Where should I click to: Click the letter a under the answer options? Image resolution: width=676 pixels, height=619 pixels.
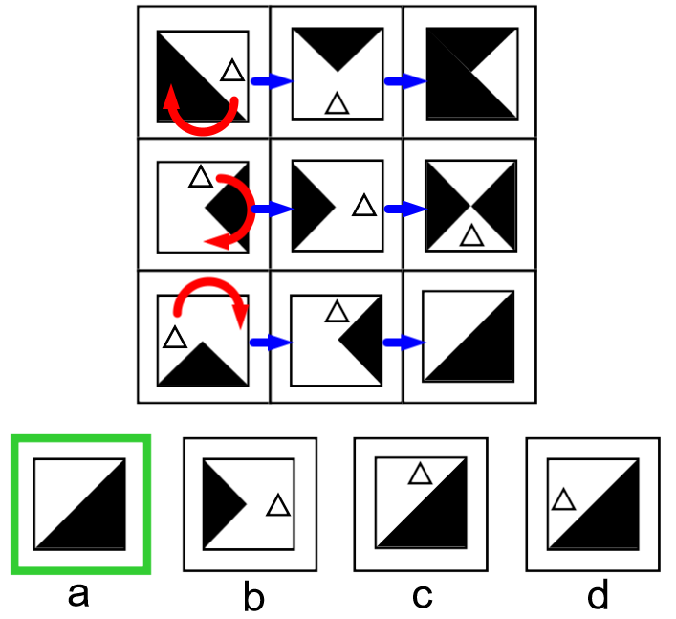78,595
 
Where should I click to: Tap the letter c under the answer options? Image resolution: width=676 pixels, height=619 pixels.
423,595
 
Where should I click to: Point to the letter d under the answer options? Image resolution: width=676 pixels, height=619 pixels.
597,595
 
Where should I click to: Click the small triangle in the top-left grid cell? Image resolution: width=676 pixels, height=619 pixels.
232,70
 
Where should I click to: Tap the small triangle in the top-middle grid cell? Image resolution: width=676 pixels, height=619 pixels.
337,103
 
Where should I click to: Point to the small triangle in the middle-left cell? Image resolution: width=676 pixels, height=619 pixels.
200,176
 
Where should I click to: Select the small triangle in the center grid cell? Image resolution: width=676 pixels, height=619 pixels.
363,206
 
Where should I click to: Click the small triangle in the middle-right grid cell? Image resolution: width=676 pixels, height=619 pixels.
470,235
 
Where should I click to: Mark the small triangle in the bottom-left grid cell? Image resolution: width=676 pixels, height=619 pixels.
174,338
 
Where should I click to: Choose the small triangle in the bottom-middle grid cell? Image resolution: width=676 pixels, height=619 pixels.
336,311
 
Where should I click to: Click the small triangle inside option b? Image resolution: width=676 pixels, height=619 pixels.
277,506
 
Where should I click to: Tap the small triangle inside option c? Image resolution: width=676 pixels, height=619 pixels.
418,473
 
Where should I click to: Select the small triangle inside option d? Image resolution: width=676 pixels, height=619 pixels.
563,498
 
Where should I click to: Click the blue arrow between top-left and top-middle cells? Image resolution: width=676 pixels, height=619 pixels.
271,83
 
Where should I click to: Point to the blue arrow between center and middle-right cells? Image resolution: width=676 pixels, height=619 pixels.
404,209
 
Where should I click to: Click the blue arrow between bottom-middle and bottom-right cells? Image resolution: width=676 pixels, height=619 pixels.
404,342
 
